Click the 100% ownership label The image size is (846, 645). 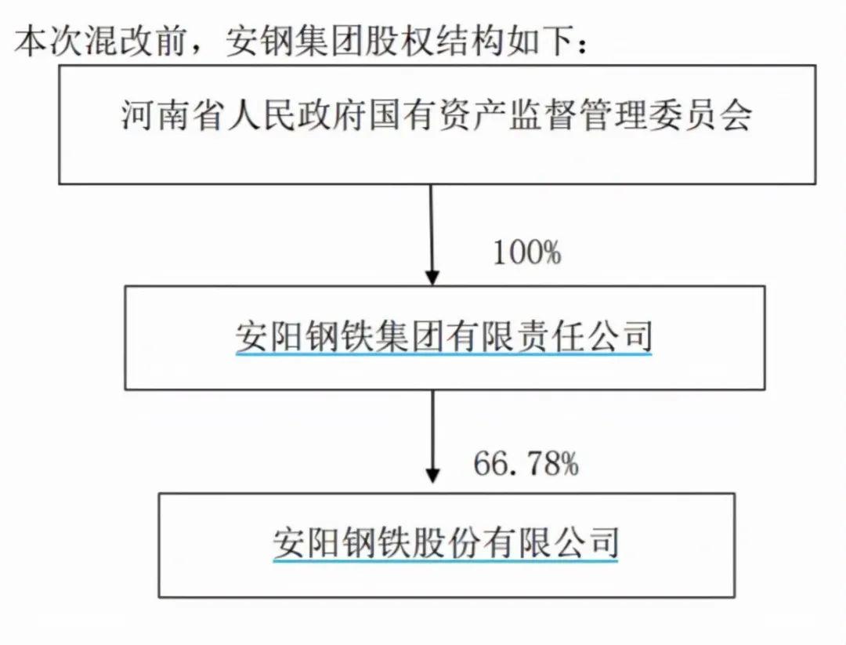coord(527,252)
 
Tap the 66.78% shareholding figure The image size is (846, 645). coord(526,463)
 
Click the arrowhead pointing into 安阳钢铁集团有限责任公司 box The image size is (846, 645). coord(432,277)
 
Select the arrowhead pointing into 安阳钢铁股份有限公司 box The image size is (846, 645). coord(432,474)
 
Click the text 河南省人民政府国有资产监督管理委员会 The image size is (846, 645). coord(436,114)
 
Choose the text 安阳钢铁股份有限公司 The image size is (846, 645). coord(445,542)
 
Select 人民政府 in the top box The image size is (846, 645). coord(295,114)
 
